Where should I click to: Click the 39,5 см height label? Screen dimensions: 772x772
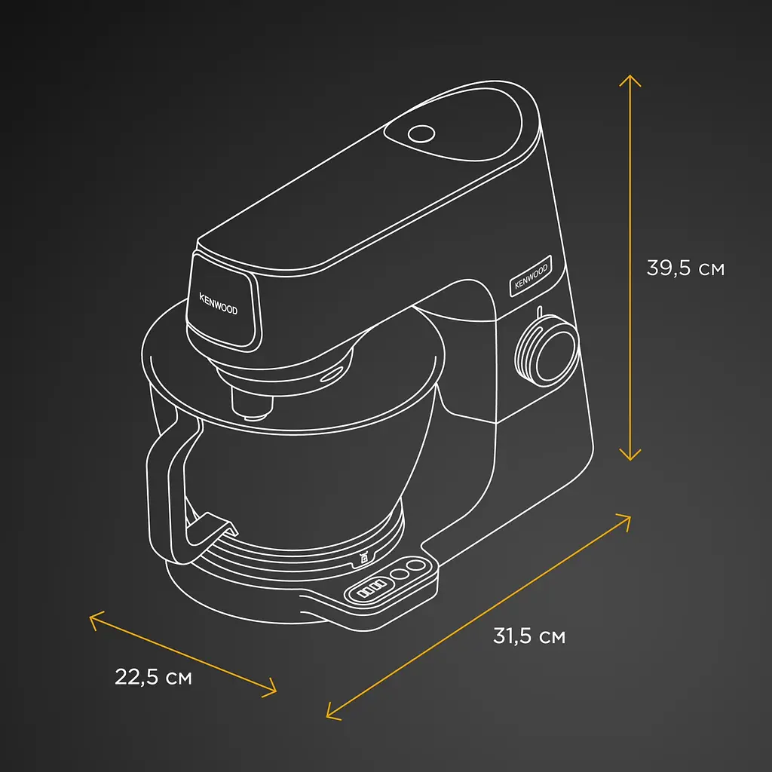[685, 268]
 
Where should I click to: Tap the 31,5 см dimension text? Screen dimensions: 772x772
[529, 636]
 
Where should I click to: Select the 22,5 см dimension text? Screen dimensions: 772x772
[153, 677]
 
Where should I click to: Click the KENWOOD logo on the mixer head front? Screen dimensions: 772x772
[218, 304]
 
